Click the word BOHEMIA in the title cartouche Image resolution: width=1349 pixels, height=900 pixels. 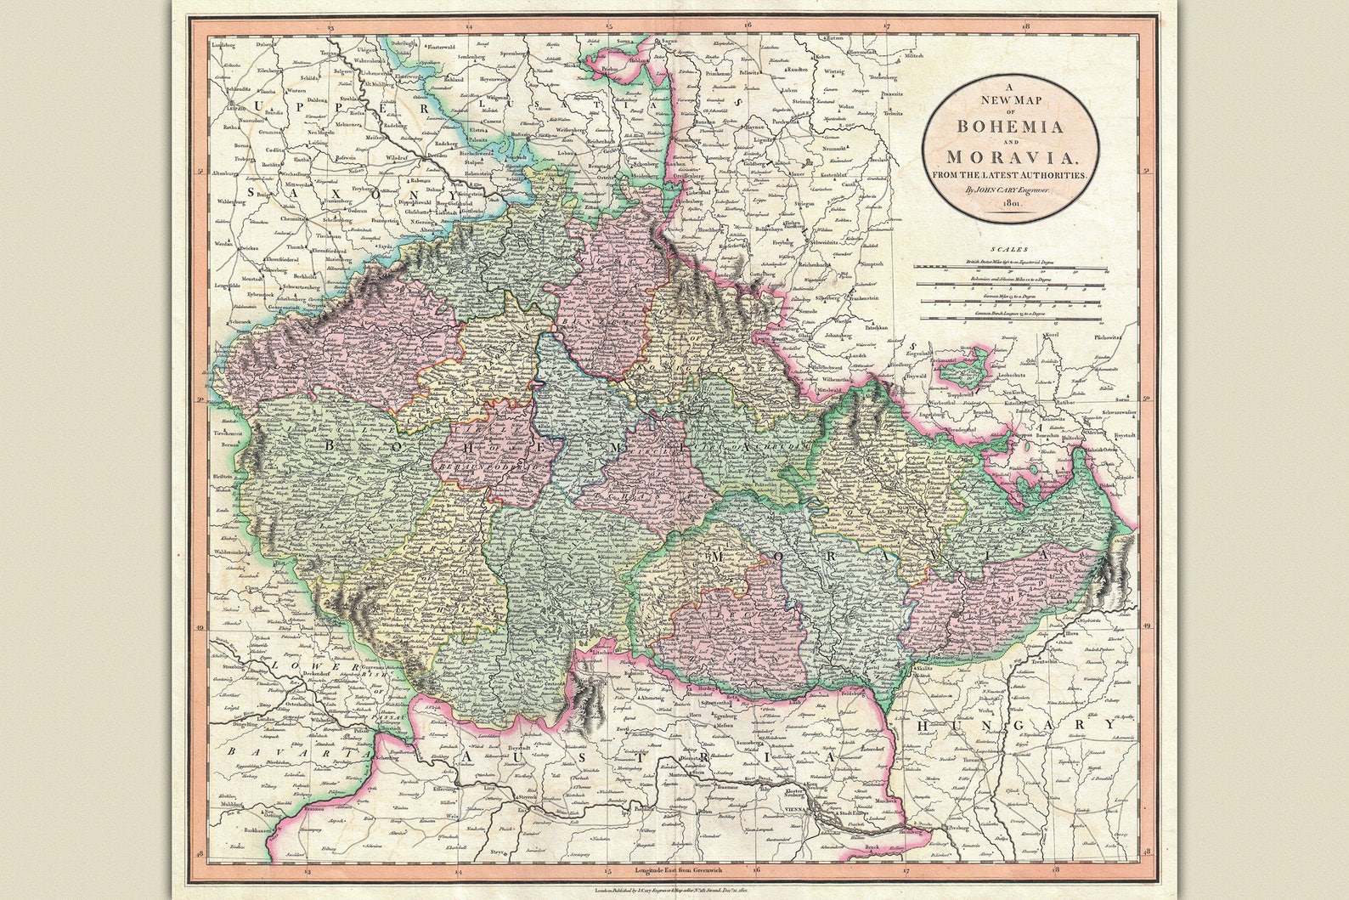coord(1010,127)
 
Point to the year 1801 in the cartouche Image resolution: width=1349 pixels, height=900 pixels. coord(1011,205)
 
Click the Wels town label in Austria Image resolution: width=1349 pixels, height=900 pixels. coord(451,815)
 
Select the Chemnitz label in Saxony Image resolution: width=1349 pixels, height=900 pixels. coord(296,218)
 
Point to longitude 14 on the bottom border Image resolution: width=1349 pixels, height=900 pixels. coord(458,871)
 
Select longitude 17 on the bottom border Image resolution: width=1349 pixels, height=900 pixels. coord(906,871)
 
